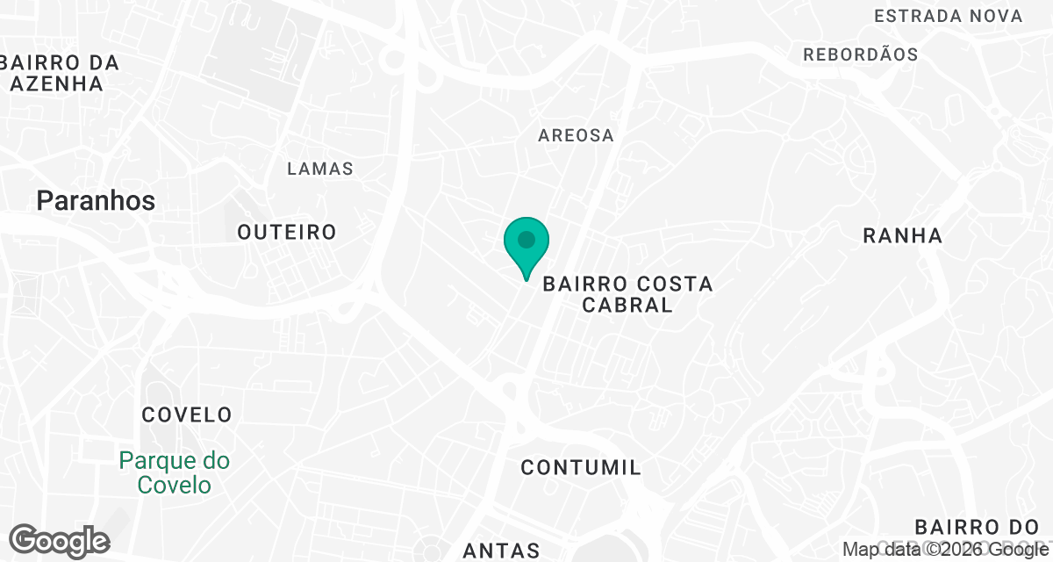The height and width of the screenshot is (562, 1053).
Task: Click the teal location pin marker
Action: pos(526,247)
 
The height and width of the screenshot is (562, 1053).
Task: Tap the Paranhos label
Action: pos(96,201)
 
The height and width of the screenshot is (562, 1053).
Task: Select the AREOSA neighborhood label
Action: pos(576,135)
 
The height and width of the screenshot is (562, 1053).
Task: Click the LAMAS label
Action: pos(320,169)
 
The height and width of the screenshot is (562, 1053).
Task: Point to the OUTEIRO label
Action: pos(287,232)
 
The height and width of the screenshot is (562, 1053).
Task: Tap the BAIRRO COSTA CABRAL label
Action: pos(627,294)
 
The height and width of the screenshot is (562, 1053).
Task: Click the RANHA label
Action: pos(902,235)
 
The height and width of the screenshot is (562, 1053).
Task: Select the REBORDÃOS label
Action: pos(861,54)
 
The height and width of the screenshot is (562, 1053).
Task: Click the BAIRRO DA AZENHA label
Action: pos(60,74)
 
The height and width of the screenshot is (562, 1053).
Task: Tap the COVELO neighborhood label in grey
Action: pos(187,414)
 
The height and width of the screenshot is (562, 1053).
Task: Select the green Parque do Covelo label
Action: pos(174,472)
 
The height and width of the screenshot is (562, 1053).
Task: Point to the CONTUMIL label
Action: pos(581,467)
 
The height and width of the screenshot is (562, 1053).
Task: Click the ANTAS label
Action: pos(501,551)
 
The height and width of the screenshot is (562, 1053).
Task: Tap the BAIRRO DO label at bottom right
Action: pos(977,527)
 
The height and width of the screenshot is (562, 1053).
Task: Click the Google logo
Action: pos(59,541)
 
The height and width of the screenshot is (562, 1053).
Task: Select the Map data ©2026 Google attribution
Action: pos(946,550)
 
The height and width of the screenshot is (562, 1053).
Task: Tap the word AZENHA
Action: pos(57,84)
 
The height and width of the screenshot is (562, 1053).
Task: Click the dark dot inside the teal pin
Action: pos(526,239)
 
